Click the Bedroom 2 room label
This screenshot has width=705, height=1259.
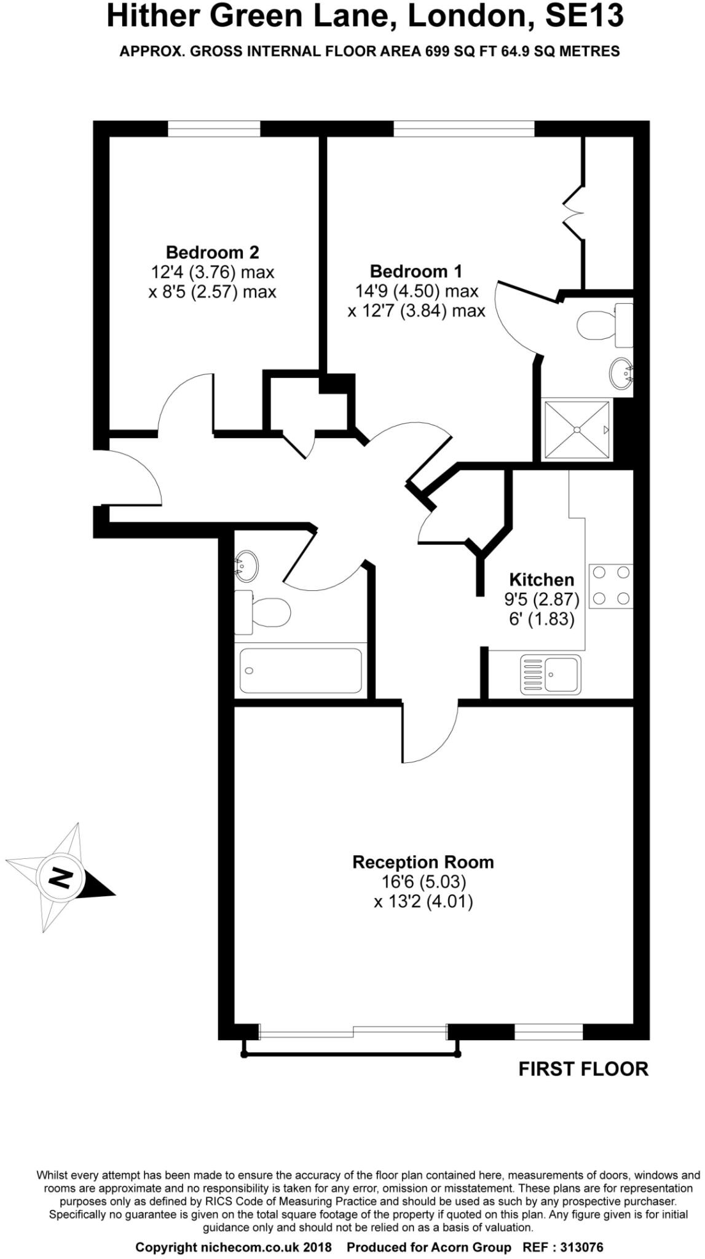tap(212, 252)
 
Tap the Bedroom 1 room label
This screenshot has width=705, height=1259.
tap(416, 271)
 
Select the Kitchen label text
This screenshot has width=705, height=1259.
tap(542, 579)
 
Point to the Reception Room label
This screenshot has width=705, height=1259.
tap(423, 862)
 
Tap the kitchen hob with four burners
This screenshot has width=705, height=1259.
tap(611, 586)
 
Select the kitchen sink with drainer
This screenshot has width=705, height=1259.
tap(550, 674)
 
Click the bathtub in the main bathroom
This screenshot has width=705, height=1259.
tap(301, 670)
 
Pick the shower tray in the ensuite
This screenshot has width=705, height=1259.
tap(577, 430)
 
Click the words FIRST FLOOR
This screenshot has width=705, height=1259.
tap(583, 1069)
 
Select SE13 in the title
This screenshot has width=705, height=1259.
tap(584, 17)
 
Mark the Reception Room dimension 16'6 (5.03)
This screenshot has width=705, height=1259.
tap(423, 882)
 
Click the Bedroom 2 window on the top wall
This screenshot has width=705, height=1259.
tap(214, 128)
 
